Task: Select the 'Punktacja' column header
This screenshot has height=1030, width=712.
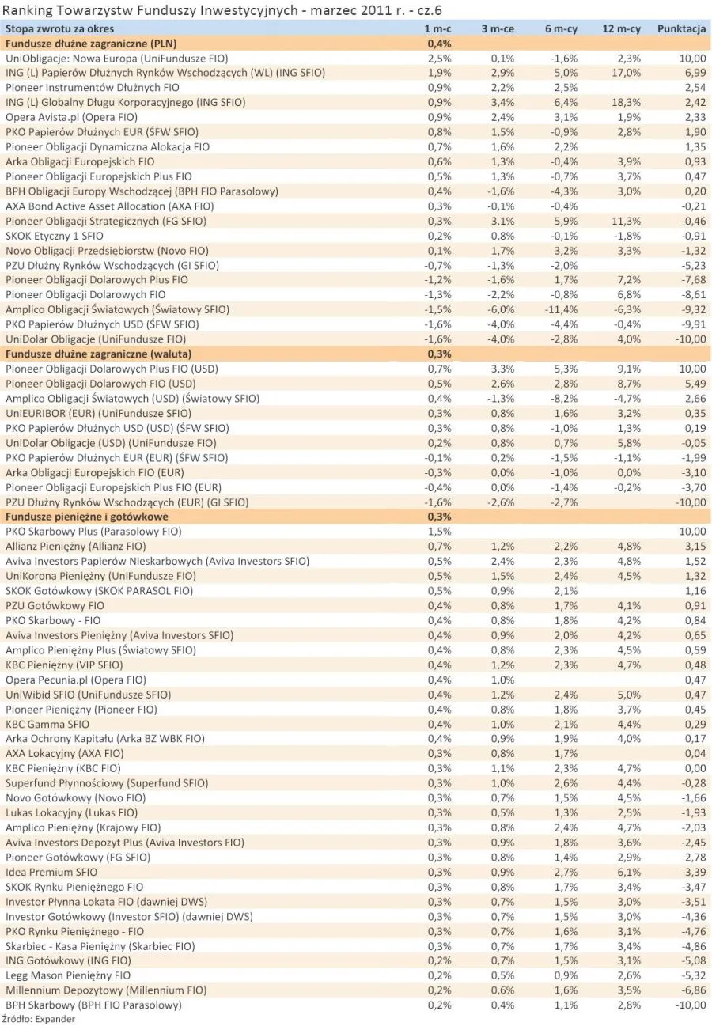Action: tap(681, 29)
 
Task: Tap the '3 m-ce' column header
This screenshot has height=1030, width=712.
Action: tap(498, 29)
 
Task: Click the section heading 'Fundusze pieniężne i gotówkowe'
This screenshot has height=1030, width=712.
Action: tap(81, 517)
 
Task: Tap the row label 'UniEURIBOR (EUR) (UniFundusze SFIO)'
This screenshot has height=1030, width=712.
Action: tap(98, 413)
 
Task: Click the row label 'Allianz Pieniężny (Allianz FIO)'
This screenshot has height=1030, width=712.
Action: tap(76, 546)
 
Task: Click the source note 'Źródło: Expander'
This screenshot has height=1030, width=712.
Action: tap(39, 1019)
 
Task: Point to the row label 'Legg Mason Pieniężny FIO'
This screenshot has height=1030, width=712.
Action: tap(68, 975)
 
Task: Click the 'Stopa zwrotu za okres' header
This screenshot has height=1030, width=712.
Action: tap(60, 29)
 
